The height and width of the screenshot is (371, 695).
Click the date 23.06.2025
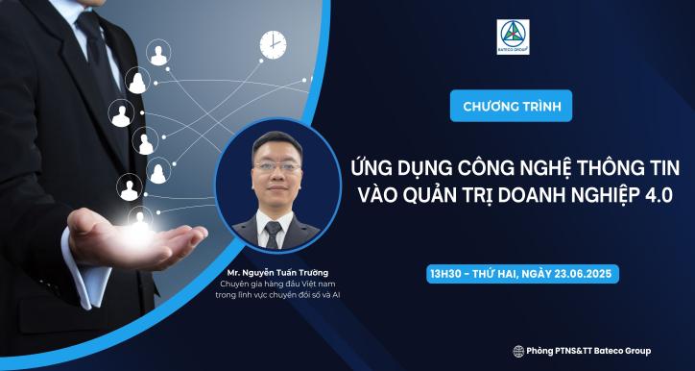pyautogui.click(x=580, y=274)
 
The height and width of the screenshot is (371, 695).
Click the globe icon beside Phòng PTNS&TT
pyautogui.click(x=518, y=351)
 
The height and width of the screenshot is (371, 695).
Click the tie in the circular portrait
pyautogui.click(x=274, y=230)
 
